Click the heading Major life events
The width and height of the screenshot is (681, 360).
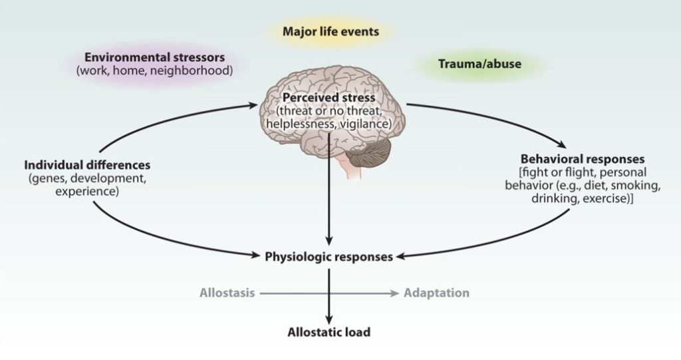pyautogui.click(x=331, y=31)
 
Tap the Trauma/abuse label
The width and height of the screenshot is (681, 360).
pyautogui.click(x=479, y=64)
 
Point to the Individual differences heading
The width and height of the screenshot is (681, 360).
pyautogui.click(x=87, y=164)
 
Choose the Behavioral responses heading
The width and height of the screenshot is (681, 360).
pyautogui.click(x=583, y=160)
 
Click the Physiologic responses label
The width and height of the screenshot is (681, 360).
pyautogui.click(x=329, y=256)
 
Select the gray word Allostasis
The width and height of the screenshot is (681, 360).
pyautogui.click(x=227, y=293)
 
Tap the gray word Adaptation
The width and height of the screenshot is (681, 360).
pyautogui.click(x=436, y=293)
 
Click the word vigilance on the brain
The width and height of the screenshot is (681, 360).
pyautogui.click(x=363, y=124)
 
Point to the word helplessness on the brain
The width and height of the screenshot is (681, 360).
pyautogui.click(x=298, y=124)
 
